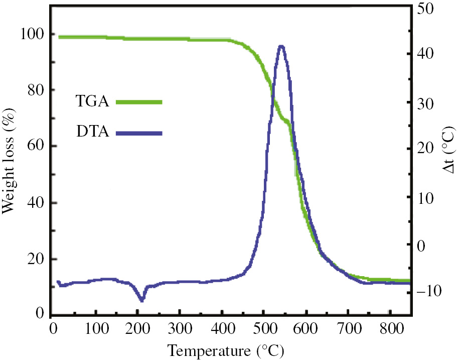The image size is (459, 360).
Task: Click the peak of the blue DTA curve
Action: click(281, 46)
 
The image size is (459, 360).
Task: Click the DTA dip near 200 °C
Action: click(141, 300)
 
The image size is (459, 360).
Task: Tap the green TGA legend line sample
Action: click(139, 102)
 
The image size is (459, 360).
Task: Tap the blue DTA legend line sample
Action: click(139, 133)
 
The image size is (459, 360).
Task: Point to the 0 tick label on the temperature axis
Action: click(53, 328)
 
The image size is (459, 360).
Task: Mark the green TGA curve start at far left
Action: click(60, 37)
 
